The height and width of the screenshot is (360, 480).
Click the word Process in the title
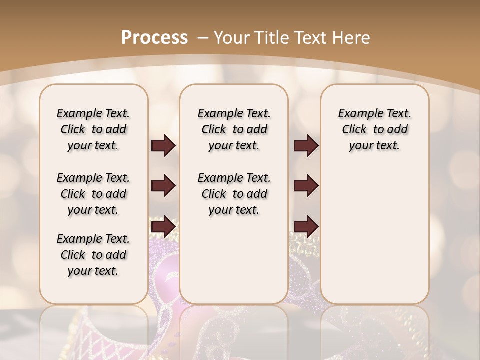[x=154, y=37]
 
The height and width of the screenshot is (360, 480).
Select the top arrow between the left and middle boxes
[x=163, y=146]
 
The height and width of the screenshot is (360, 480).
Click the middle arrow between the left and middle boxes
[x=163, y=186]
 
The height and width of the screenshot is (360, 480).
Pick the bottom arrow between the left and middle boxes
[x=163, y=227]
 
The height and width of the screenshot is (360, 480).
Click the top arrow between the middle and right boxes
[x=306, y=146]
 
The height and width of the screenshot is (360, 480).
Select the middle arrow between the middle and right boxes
[x=306, y=186]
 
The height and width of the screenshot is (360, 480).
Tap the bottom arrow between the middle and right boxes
[x=306, y=227]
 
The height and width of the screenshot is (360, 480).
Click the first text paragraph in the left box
[x=93, y=129]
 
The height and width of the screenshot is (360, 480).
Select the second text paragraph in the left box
[x=93, y=194]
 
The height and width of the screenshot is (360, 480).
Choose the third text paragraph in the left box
[x=93, y=255]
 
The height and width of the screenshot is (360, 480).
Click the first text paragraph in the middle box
[x=234, y=129]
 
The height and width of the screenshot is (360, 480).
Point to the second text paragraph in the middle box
[x=234, y=194]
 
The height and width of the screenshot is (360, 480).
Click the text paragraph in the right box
[x=375, y=129]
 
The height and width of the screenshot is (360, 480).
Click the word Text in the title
[x=311, y=37]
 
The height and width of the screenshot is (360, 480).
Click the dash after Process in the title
[x=203, y=37]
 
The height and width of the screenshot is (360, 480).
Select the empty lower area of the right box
[x=375, y=235]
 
